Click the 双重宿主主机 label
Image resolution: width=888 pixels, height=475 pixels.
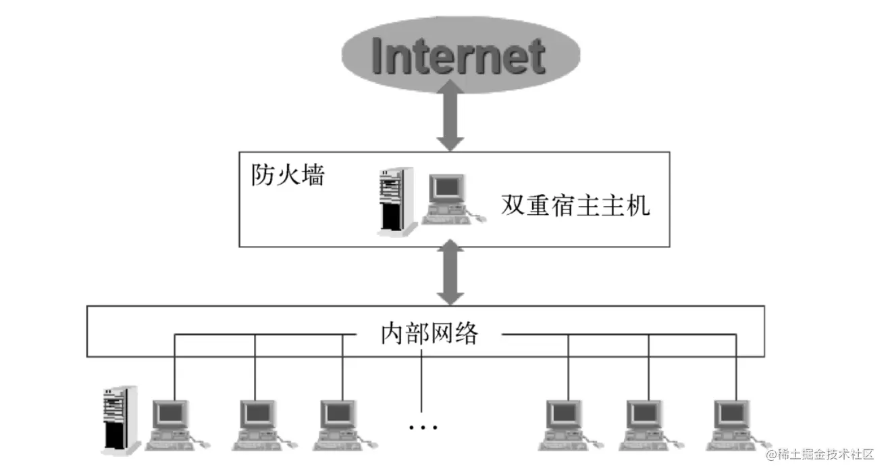pos(575,204)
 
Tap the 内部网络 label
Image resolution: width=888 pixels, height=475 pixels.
pos(428,334)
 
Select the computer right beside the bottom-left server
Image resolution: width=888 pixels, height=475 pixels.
pos(172,422)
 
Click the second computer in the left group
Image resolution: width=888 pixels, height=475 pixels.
pos(259,422)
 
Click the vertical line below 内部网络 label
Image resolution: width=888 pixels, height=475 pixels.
pos(421,382)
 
